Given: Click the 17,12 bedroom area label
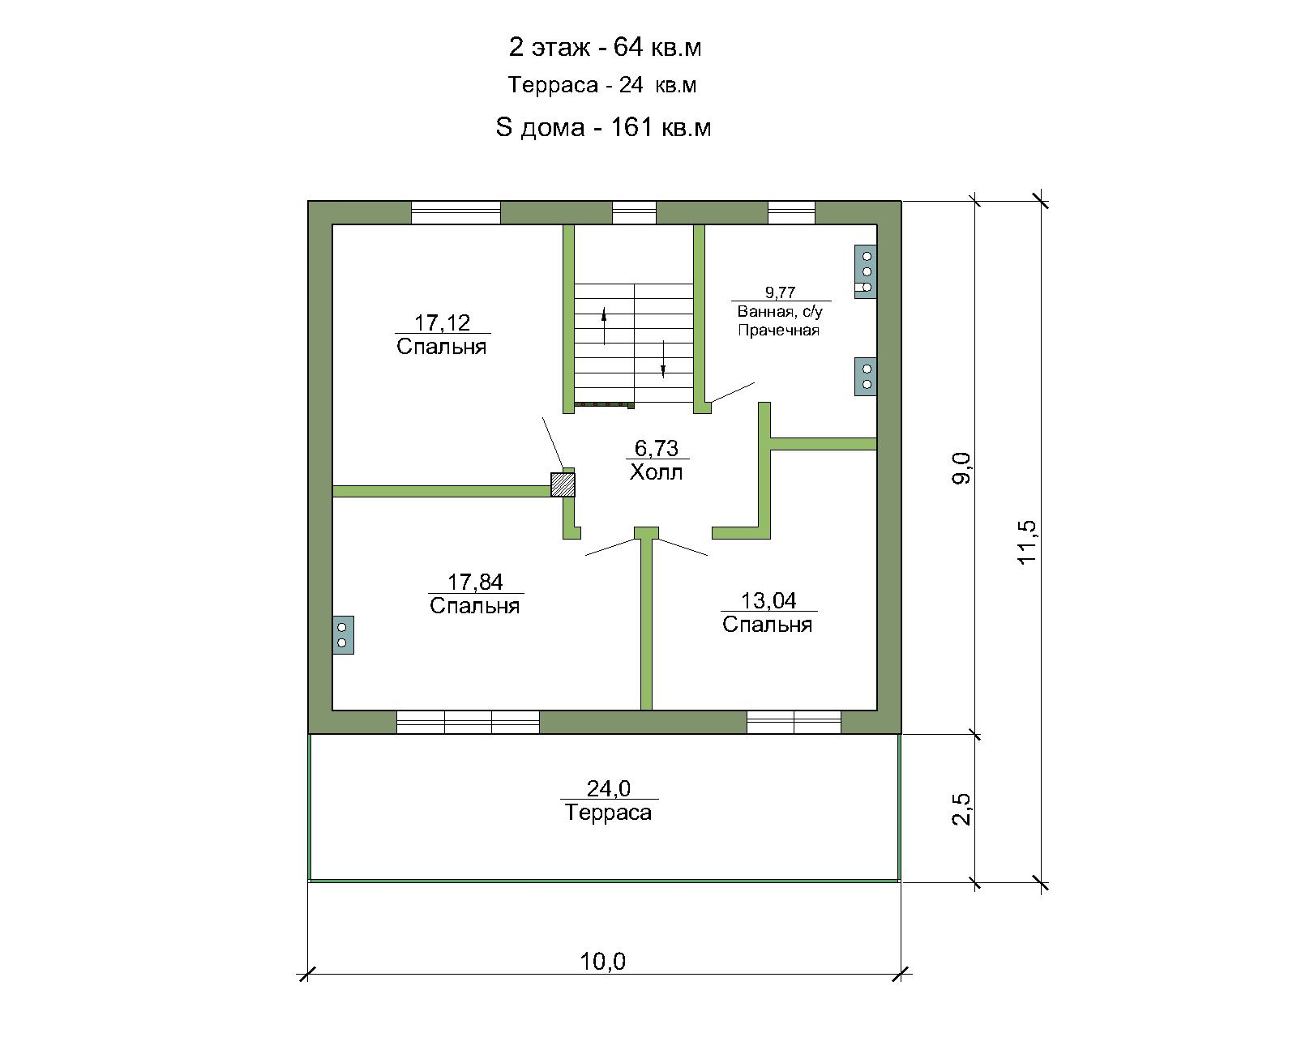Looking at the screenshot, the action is [x=442, y=323].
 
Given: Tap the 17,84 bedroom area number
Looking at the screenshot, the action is [x=475, y=582].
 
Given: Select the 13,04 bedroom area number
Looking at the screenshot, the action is [x=768, y=601].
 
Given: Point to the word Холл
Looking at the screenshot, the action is [x=657, y=472].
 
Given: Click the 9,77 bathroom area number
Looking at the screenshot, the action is [x=781, y=292].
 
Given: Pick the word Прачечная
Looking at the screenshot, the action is [x=779, y=331].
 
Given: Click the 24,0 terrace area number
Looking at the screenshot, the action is [x=609, y=788].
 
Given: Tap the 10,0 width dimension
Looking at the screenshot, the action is [x=602, y=962].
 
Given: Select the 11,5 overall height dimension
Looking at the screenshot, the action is [x=1027, y=542].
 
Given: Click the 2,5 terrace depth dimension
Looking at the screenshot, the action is [x=962, y=809].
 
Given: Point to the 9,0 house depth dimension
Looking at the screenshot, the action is [x=962, y=468].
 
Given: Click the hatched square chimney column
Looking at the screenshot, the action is [x=563, y=484].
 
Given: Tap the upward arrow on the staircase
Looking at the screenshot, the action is [x=605, y=326].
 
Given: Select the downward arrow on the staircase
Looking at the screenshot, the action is [x=663, y=360].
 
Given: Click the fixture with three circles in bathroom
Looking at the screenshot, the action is [x=866, y=271].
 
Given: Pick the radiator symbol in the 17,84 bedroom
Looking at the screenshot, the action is [x=343, y=634].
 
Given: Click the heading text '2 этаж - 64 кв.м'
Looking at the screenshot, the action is [x=605, y=47].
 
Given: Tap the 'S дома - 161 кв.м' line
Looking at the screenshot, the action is [x=603, y=127].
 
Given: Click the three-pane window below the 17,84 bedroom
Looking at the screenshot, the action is [x=468, y=722].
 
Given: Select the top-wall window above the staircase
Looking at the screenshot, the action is [x=635, y=213].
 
